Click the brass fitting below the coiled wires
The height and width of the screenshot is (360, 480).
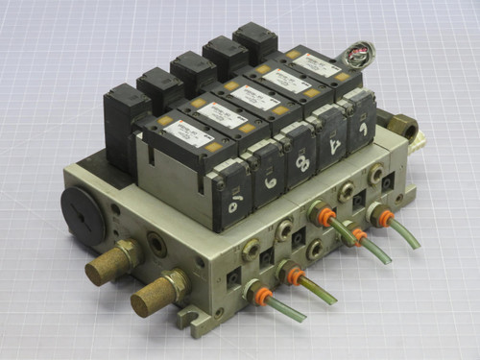(404, 124)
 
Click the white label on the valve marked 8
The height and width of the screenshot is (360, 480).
(256, 97)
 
